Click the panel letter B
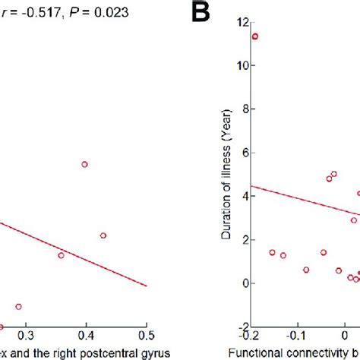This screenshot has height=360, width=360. pos(201,13)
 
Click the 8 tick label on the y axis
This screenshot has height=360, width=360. pos(244,109)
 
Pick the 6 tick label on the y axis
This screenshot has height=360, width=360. pos(244,153)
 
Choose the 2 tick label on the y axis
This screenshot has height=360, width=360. pos(244,239)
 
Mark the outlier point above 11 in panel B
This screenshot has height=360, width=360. pos(255,36)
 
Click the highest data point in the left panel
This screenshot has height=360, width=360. pos(84,164)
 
